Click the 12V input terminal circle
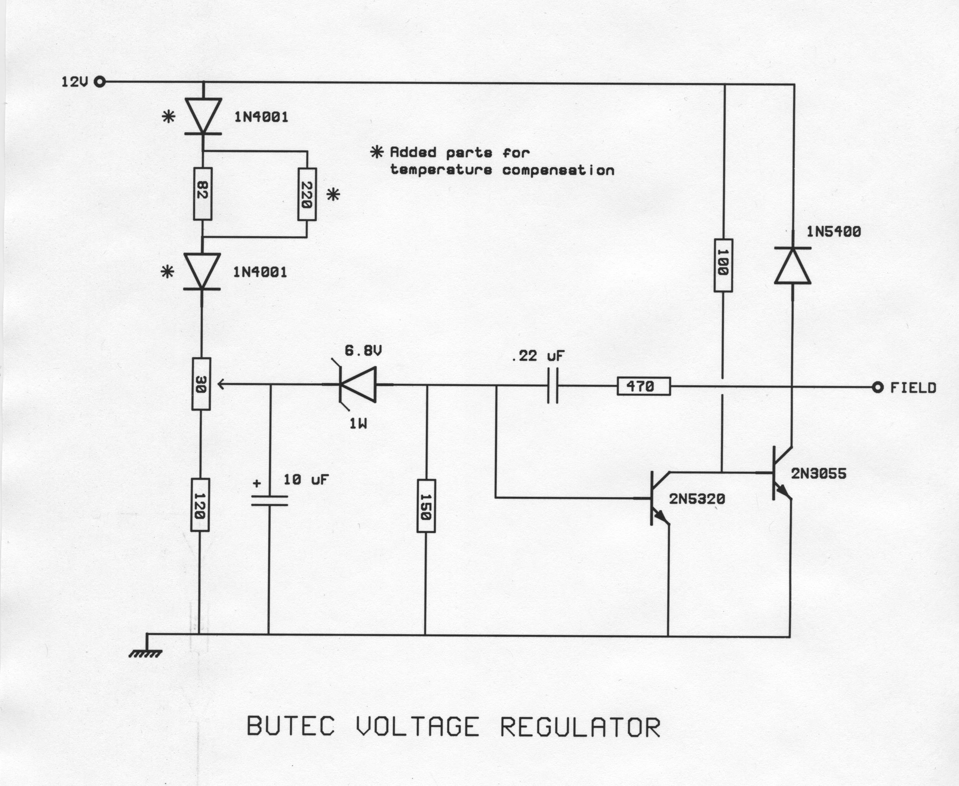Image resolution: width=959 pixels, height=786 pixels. click(x=100, y=82)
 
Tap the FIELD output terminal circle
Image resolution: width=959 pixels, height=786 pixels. click(x=878, y=388)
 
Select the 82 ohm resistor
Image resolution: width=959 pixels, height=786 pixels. click(x=202, y=194)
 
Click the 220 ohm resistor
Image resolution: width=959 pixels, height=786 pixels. click(x=307, y=194)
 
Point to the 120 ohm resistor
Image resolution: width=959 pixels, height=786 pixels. click(x=200, y=505)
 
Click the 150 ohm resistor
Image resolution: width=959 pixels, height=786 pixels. click(x=426, y=506)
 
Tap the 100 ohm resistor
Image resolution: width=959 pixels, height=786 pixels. click(x=723, y=265)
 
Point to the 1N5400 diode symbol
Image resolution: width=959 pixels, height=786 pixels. click(x=792, y=266)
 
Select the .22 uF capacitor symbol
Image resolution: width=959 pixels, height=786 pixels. click(x=553, y=386)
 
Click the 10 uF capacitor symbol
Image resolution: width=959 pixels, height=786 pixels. click(x=269, y=500)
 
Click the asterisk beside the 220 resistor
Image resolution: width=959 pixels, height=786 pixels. click(x=333, y=195)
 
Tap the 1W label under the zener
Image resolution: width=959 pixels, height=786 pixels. click(x=358, y=424)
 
